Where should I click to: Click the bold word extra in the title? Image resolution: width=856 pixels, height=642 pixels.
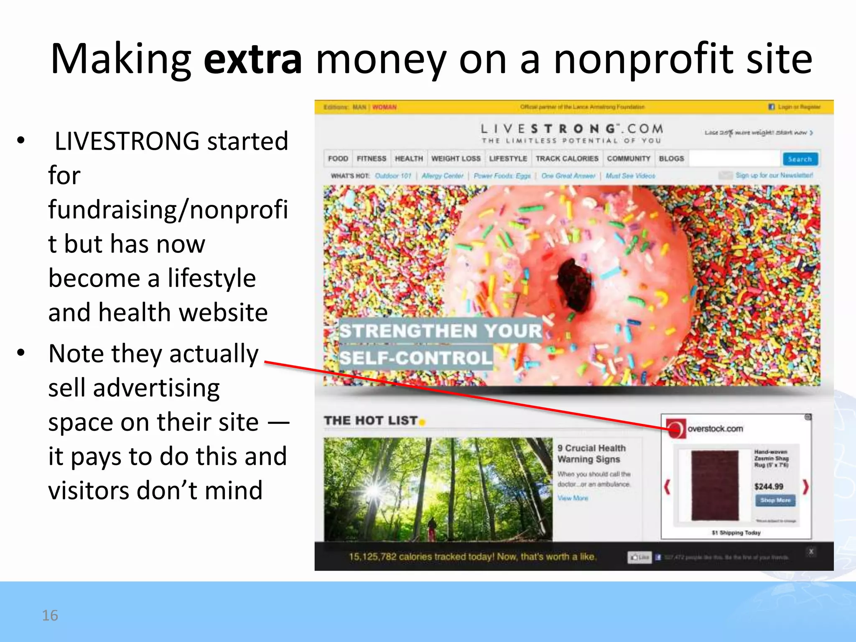tap(252, 60)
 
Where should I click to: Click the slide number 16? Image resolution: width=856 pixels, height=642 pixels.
tap(50, 615)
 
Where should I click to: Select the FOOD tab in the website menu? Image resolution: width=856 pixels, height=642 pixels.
tap(338, 159)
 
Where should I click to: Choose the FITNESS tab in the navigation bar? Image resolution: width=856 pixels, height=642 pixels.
tap(371, 159)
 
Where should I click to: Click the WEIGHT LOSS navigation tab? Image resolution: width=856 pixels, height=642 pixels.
tap(456, 159)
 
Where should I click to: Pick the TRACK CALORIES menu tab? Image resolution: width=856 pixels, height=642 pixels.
tap(567, 159)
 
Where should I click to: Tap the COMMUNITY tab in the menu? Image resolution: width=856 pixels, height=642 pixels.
tap(628, 159)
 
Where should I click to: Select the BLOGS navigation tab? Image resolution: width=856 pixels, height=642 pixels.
tap(671, 159)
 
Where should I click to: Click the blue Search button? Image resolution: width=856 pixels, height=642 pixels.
tap(800, 159)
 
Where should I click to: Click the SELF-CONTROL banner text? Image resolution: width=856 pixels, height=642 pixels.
tap(415, 358)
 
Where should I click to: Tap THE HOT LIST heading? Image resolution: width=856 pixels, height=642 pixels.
tap(371, 420)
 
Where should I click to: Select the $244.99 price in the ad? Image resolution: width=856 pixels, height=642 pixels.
tap(769, 487)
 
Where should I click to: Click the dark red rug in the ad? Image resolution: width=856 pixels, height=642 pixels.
tap(715, 485)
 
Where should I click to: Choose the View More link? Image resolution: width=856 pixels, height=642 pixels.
tap(573, 498)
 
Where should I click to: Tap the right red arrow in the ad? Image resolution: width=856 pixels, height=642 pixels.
tap(805, 487)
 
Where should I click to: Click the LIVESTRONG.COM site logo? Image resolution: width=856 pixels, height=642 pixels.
tap(571, 129)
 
